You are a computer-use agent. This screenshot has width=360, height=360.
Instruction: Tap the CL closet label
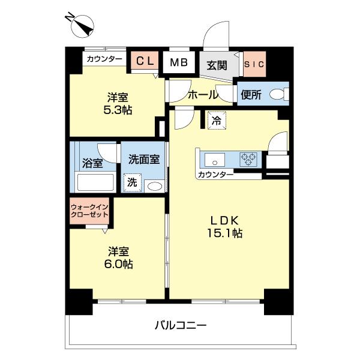tap(145, 61)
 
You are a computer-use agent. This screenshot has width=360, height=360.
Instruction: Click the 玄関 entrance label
tap(217, 64)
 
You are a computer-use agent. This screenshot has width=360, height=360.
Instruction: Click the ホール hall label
tap(203, 95)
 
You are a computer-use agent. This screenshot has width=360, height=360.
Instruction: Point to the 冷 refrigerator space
tap(216, 120)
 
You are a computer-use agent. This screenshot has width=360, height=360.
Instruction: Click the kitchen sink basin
tap(213, 160)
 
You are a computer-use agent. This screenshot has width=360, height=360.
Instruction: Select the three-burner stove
tap(247, 160)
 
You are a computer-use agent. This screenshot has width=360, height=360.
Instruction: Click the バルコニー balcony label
tap(180, 326)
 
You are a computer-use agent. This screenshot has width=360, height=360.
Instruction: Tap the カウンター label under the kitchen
tap(214, 175)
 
